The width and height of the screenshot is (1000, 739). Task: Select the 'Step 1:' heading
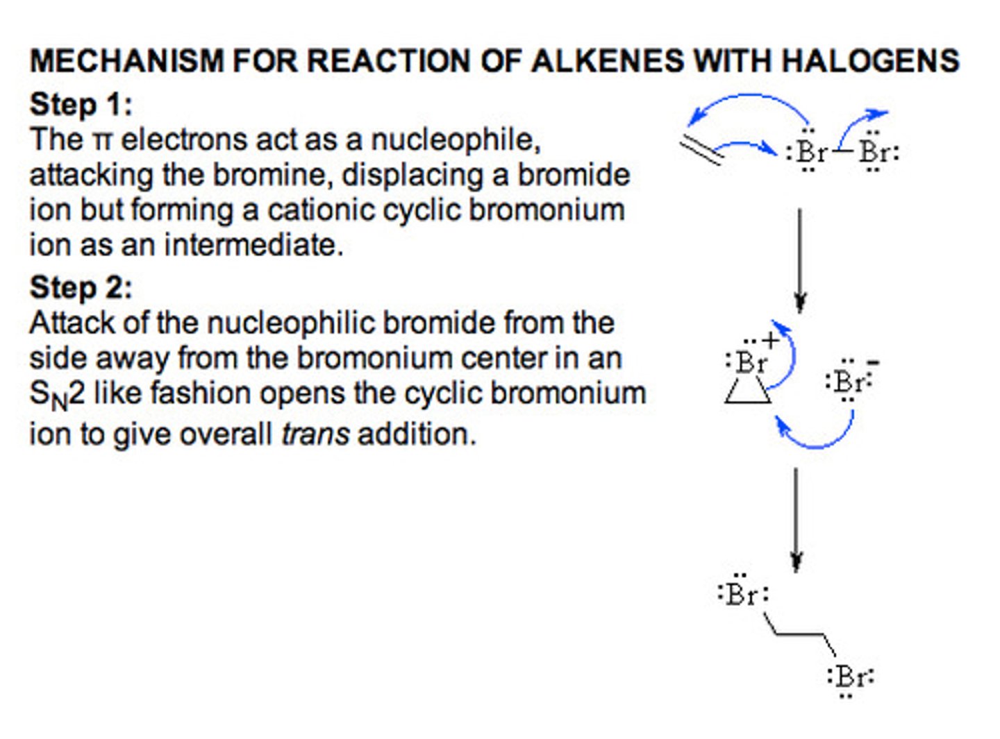pyautogui.click(x=81, y=105)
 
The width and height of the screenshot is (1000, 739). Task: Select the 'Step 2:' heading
pyautogui.click(x=81, y=287)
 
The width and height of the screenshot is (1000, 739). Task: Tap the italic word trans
pyautogui.click(x=315, y=434)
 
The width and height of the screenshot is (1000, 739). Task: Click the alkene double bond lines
pyautogui.click(x=701, y=150)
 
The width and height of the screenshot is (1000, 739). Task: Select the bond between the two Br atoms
pyautogui.click(x=843, y=150)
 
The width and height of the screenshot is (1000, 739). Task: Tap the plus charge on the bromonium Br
pyautogui.click(x=770, y=341)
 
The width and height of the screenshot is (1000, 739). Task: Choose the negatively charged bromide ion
pyautogui.click(x=848, y=381)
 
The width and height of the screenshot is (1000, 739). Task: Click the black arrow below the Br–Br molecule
pyautogui.click(x=800, y=260)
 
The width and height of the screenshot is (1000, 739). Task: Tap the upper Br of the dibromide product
pyautogui.click(x=742, y=595)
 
